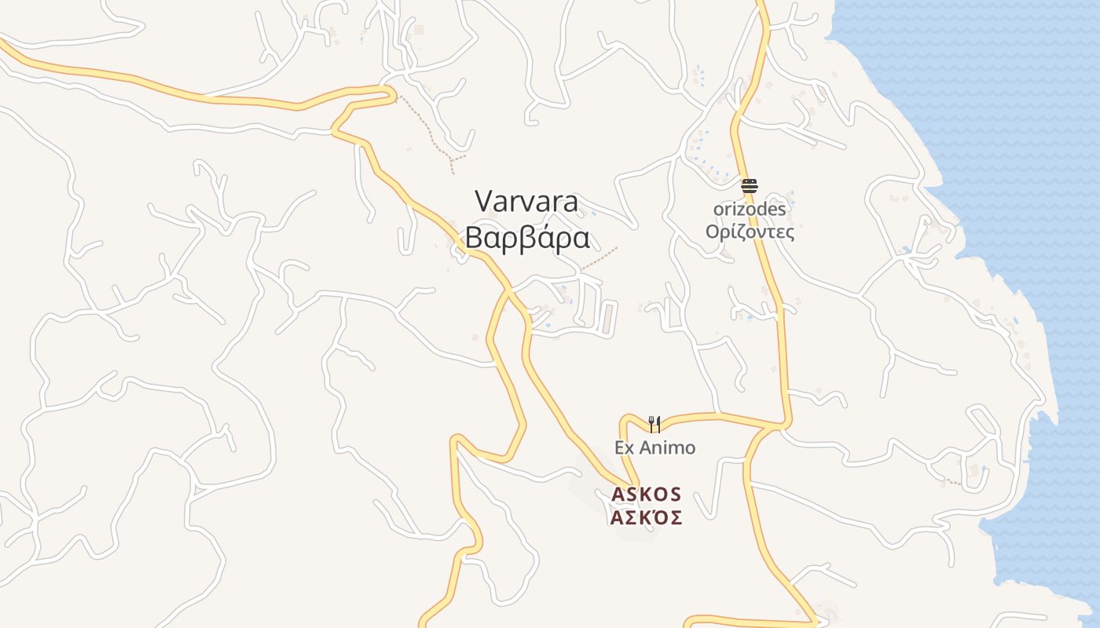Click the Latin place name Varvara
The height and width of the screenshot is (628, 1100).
tap(526, 202)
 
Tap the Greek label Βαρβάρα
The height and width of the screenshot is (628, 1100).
tap(526, 237)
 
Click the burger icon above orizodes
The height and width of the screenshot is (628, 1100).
tap(749, 186)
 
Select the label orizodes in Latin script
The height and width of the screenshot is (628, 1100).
tap(749, 210)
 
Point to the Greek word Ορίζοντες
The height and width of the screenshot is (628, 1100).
tap(749, 232)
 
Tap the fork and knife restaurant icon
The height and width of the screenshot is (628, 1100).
tap(654, 424)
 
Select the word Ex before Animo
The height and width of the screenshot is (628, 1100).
tap(624, 447)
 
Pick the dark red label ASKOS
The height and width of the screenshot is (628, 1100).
tap(646, 495)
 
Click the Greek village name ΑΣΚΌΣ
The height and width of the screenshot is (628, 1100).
tap(646, 518)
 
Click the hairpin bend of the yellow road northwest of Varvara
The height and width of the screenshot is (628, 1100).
tap(392, 95)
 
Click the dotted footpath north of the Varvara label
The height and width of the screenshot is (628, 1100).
tap(428, 130)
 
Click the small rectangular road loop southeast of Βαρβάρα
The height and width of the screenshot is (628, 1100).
tap(608, 318)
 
